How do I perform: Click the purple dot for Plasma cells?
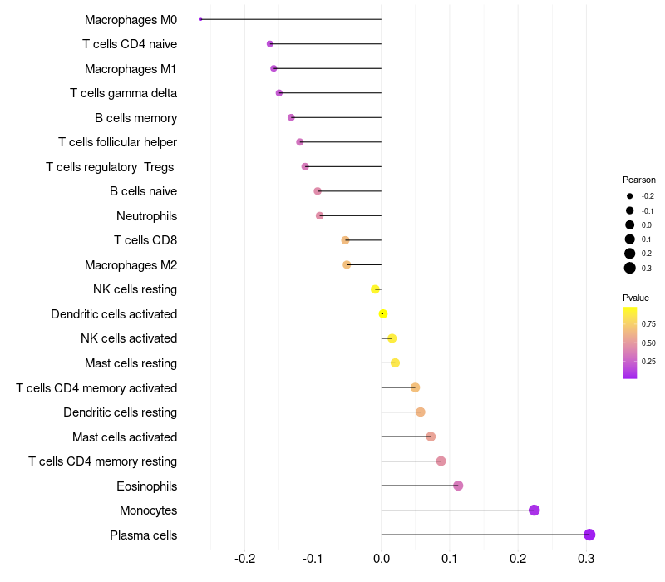click(x=589, y=535)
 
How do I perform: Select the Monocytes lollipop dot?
click(x=534, y=510)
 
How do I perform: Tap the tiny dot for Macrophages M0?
click(x=201, y=19)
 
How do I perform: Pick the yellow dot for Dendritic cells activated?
click(x=382, y=313)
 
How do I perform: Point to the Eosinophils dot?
click(x=458, y=486)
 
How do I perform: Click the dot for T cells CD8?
click(x=346, y=240)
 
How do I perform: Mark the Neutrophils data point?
click(x=320, y=216)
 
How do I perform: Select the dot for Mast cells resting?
click(x=395, y=363)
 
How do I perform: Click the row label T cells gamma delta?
click(x=123, y=93)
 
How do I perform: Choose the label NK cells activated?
click(x=129, y=338)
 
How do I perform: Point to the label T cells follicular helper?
click(x=117, y=142)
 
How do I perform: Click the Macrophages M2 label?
click(x=131, y=265)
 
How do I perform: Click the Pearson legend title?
click(x=639, y=180)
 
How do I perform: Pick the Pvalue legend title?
click(x=636, y=298)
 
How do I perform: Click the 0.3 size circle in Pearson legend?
click(x=630, y=268)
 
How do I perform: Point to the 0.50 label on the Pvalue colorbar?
click(x=648, y=343)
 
